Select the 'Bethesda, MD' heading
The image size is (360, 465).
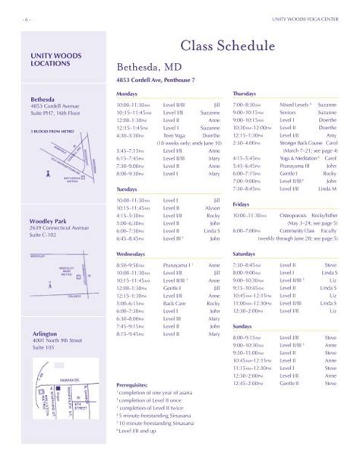pyautogui.click(x=148, y=68)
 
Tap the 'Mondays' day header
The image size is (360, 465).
pyautogui.click(x=127, y=92)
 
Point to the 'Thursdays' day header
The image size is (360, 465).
pyautogui.click(x=245, y=92)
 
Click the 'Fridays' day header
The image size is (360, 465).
pyautogui.click(x=241, y=204)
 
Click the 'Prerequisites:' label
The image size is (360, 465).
pyautogui.click(x=133, y=385)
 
